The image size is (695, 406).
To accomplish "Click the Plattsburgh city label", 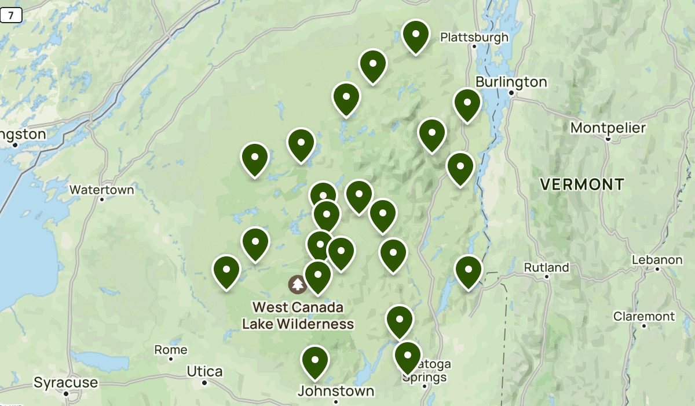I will click(x=474, y=38).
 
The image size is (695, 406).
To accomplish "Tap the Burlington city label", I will click(x=511, y=82).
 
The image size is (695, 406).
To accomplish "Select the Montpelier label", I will click(x=608, y=128).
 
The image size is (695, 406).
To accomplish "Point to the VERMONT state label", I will click(x=582, y=184).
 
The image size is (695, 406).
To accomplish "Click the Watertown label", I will click(x=101, y=190).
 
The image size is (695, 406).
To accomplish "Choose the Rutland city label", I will click(x=546, y=267).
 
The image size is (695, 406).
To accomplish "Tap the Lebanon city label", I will click(x=657, y=260).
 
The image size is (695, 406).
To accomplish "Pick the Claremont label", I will click(x=644, y=316).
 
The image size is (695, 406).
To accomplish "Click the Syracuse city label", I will click(x=65, y=383).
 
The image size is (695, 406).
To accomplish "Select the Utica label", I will click(x=204, y=371).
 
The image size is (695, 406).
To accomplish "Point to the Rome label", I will click(x=170, y=350).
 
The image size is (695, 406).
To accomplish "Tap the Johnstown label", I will click(x=336, y=391).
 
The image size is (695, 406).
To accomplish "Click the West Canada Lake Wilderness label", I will click(x=298, y=316).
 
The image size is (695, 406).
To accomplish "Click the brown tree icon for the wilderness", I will click(x=298, y=284).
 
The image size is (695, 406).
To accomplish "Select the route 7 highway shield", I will click(x=10, y=16).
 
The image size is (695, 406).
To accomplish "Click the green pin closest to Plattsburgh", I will click(x=415, y=36).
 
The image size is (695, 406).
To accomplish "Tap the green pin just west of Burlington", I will click(x=467, y=104).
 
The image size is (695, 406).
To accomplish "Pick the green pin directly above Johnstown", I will click(x=315, y=361).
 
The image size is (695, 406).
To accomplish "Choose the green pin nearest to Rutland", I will click(x=469, y=271).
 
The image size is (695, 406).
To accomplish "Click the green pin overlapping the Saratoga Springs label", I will click(x=407, y=357).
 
